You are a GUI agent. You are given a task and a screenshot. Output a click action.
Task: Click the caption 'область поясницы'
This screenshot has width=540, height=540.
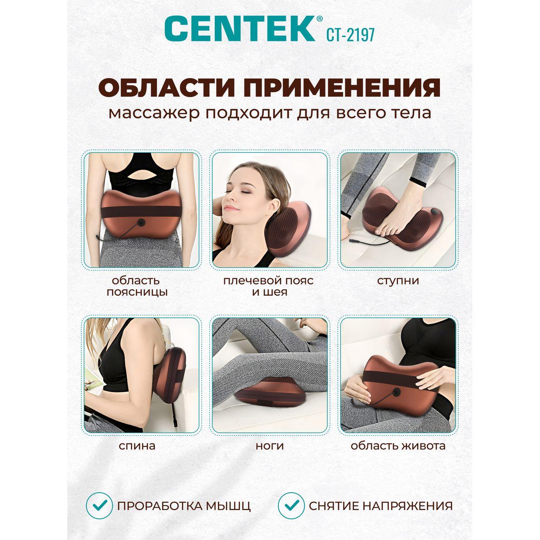point(137,286)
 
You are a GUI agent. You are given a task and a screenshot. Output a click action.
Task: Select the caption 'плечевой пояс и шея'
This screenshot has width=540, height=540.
point(268,286)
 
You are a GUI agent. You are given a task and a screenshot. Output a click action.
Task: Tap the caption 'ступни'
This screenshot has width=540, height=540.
point(398,280)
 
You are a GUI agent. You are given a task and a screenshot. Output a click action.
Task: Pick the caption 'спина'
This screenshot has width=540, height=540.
point(137,446)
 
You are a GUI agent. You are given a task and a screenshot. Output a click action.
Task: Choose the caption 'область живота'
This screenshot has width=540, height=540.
point(398,446)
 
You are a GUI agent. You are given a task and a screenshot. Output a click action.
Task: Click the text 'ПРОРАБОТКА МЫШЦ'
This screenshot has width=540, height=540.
point(184,506)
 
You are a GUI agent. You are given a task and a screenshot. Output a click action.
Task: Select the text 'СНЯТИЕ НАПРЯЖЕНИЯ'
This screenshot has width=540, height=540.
point(380,506)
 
